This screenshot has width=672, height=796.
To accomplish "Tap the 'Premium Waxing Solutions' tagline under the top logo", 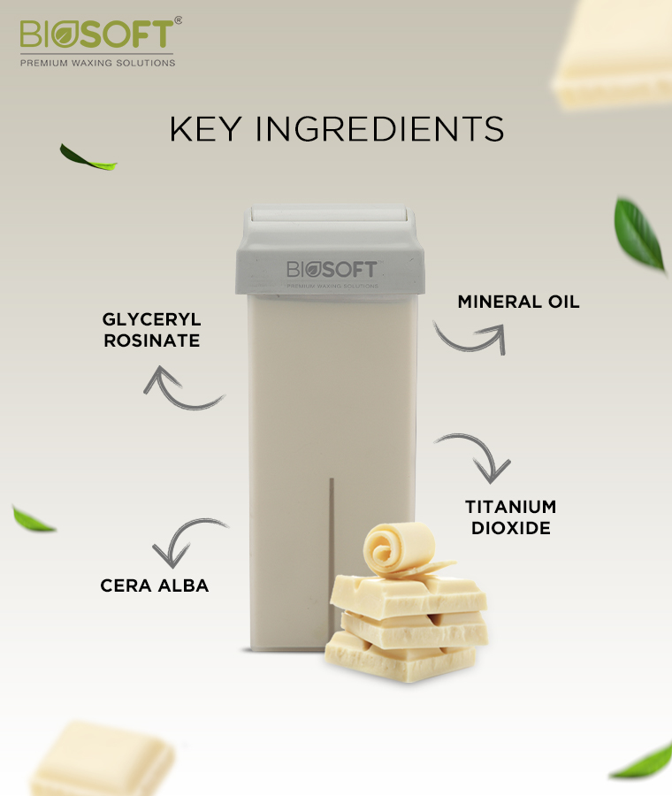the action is pos(97,63).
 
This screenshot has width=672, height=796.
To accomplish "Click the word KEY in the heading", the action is pos(204,129).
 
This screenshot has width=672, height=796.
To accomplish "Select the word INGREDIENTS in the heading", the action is pos(379,129).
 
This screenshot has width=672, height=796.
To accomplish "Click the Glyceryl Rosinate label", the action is pos(152,330).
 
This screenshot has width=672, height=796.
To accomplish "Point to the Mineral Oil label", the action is pos(518,302).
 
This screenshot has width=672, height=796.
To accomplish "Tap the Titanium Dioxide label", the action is pos(510,517).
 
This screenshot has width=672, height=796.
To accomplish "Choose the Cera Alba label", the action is pos(155,586).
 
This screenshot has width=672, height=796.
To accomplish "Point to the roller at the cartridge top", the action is pos(330,213).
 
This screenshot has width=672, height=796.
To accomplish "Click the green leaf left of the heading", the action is pos(88,157).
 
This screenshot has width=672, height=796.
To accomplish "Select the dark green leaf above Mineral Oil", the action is pos(639,235).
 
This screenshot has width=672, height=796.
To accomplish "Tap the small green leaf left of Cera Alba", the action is pos(33,519).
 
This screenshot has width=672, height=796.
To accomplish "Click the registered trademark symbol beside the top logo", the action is pos(178,20).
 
